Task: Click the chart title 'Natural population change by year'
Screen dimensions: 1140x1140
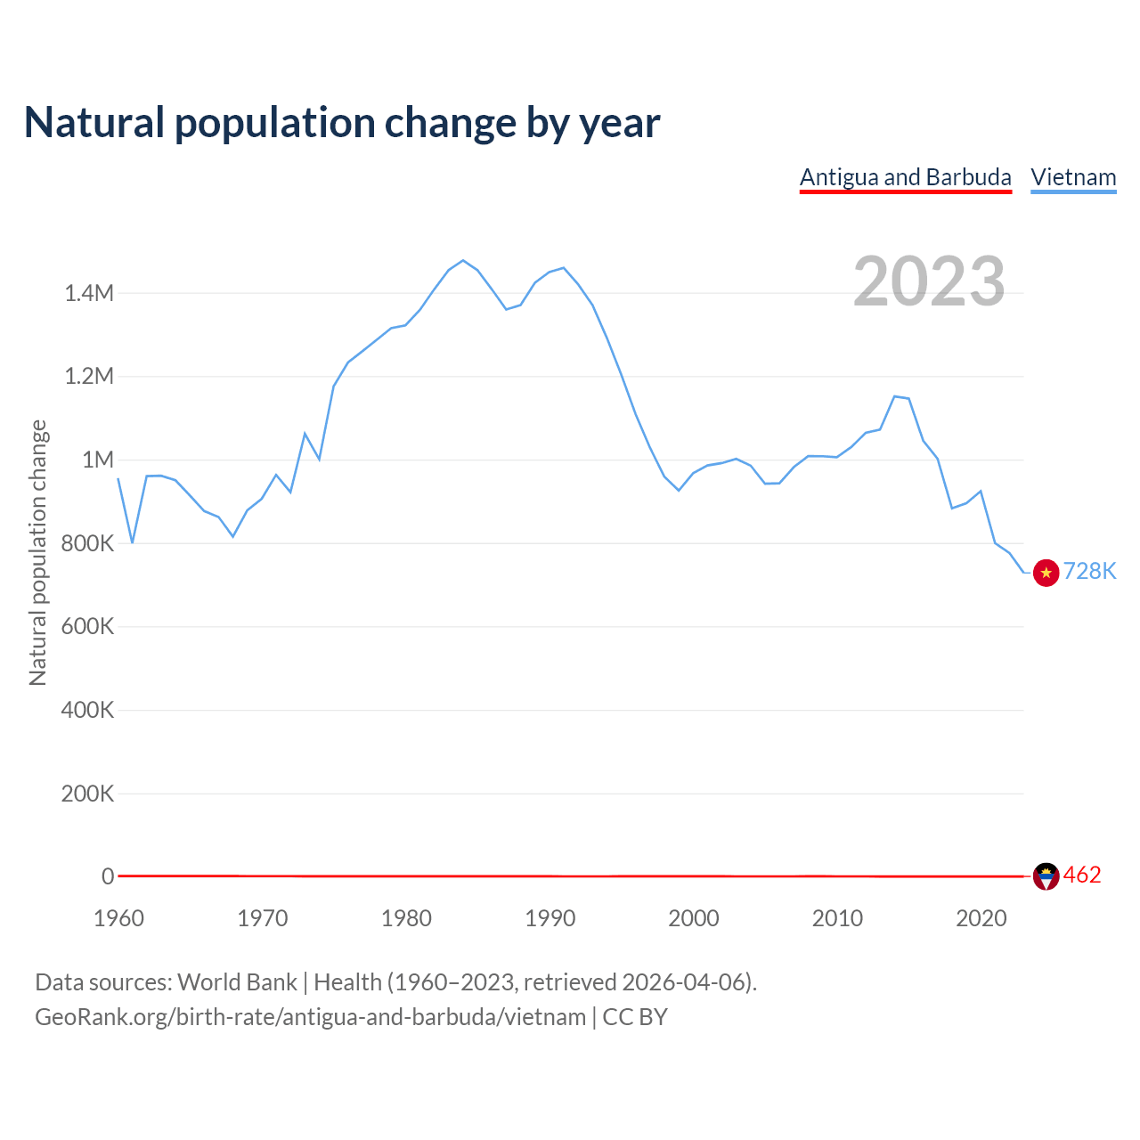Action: tap(342, 123)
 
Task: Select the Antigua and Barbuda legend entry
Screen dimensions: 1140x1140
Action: tap(905, 177)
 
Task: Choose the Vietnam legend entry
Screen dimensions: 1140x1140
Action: tap(1073, 177)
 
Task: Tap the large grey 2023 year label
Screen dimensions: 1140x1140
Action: tap(929, 281)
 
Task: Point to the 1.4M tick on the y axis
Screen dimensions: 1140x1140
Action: tap(89, 293)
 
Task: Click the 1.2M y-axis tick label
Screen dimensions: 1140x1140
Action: tap(89, 376)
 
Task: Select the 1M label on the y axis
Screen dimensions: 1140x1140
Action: tap(98, 460)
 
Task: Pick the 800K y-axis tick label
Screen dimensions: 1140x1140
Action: tap(87, 543)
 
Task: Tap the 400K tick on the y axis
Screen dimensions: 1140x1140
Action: tap(87, 710)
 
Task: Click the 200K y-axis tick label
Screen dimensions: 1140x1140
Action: tap(87, 794)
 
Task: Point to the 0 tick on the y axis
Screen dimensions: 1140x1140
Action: tap(108, 876)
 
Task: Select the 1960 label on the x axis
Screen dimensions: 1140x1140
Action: tap(118, 918)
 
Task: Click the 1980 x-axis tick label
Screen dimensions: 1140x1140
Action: tap(406, 918)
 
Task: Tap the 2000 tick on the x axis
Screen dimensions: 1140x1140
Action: tap(694, 918)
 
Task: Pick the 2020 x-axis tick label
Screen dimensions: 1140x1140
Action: tap(981, 918)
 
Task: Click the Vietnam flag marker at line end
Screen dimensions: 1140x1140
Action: tap(1046, 573)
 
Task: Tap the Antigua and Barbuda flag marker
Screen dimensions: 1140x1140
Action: tap(1046, 876)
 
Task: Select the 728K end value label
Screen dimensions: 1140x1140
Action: tap(1089, 572)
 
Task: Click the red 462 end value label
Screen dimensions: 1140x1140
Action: tap(1082, 875)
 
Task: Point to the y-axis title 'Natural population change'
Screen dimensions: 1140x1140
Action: tap(38, 552)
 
